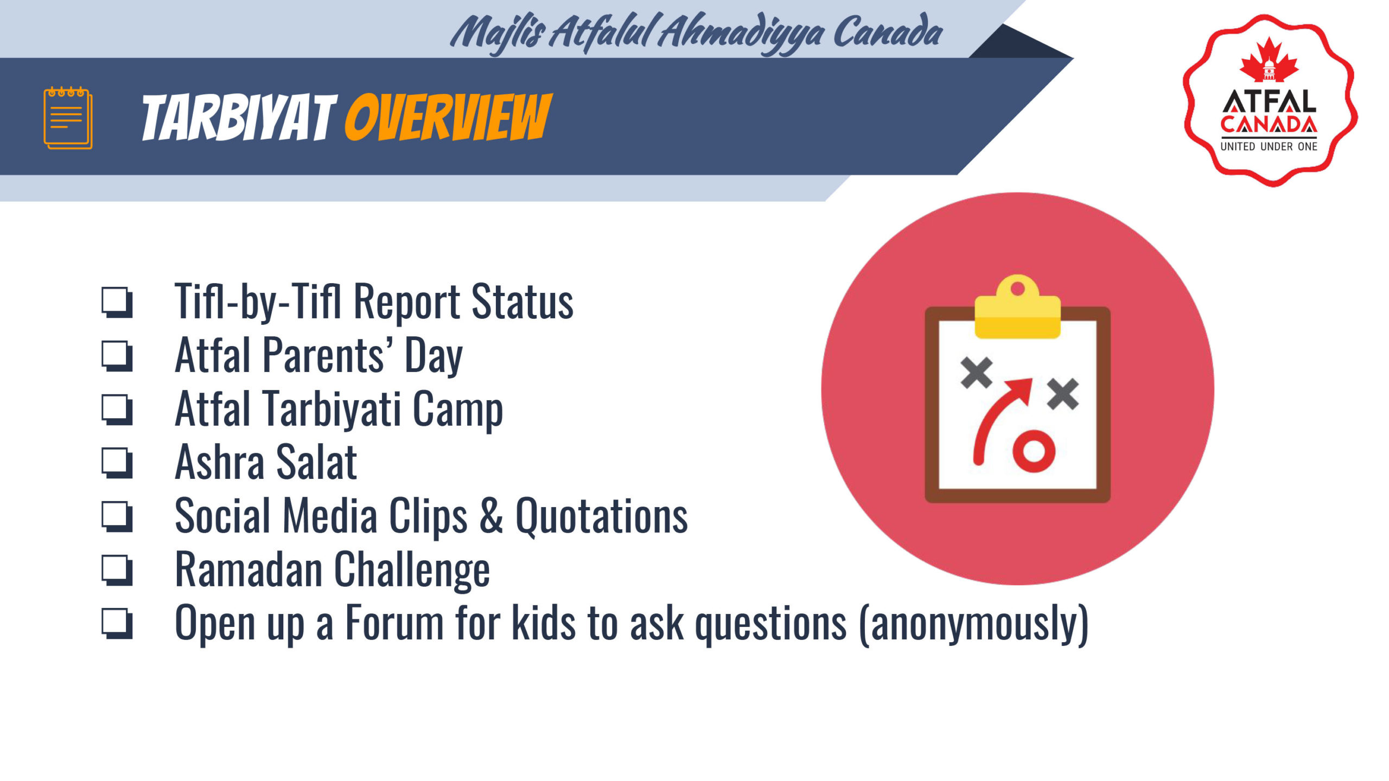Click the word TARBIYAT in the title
239,117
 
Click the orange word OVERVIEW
448,117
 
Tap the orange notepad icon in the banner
68,117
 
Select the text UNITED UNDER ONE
1269,146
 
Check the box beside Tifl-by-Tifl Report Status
117,302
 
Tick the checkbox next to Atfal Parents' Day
117,356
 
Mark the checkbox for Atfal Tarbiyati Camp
117,409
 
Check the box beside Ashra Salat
117,463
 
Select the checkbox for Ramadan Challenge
117,570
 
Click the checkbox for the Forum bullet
117,623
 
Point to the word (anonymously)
974,624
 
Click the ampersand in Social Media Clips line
491,515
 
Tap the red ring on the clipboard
1034,451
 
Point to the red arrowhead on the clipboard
1020,389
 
